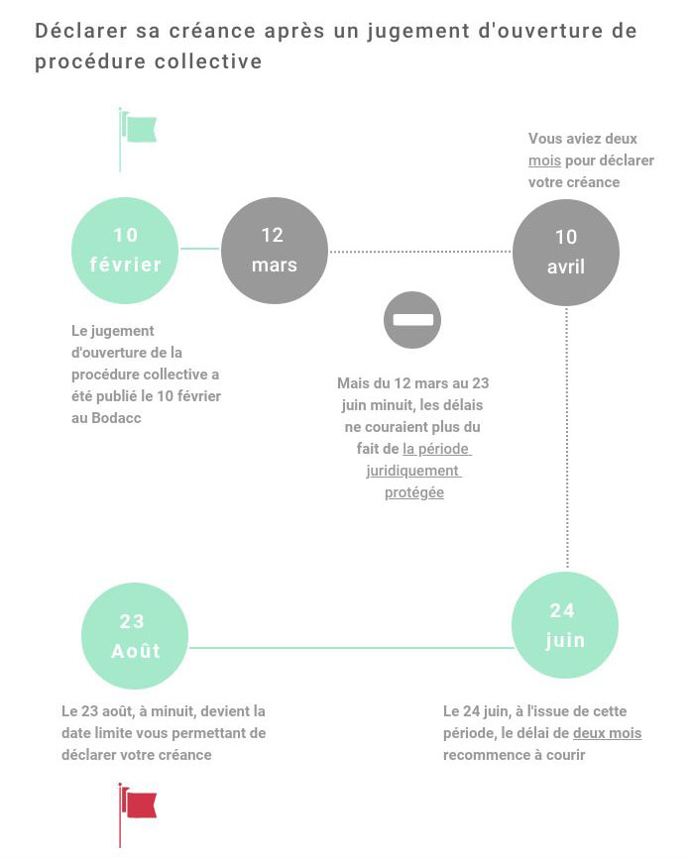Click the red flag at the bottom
pyautogui.click(x=140, y=804)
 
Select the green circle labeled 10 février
pyautogui.click(x=126, y=250)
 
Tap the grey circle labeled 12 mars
pyautogui.click(x=274, y=250)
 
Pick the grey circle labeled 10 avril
pyautogui.click(x=565, y=252)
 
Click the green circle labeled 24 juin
pyautogui.click(x=564, y=625)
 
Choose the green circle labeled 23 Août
pyautogui.click(x=134, y=636)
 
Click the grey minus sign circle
pyautogui.click(x=412, y=320)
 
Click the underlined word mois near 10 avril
pyautogui.click(x=544, y=161)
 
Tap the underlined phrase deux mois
pyautogui.click(x=607, y=733)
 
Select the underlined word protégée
pyautogui.click(x=413, y=492)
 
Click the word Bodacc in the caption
pyautogui.click(x=115, y=417)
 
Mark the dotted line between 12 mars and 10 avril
pyautogui.click(x=419, y=252)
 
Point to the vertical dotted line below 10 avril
pyautogui.click(x=566, y=436)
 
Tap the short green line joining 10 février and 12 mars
pyautogui.click(x=200, y=249)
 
